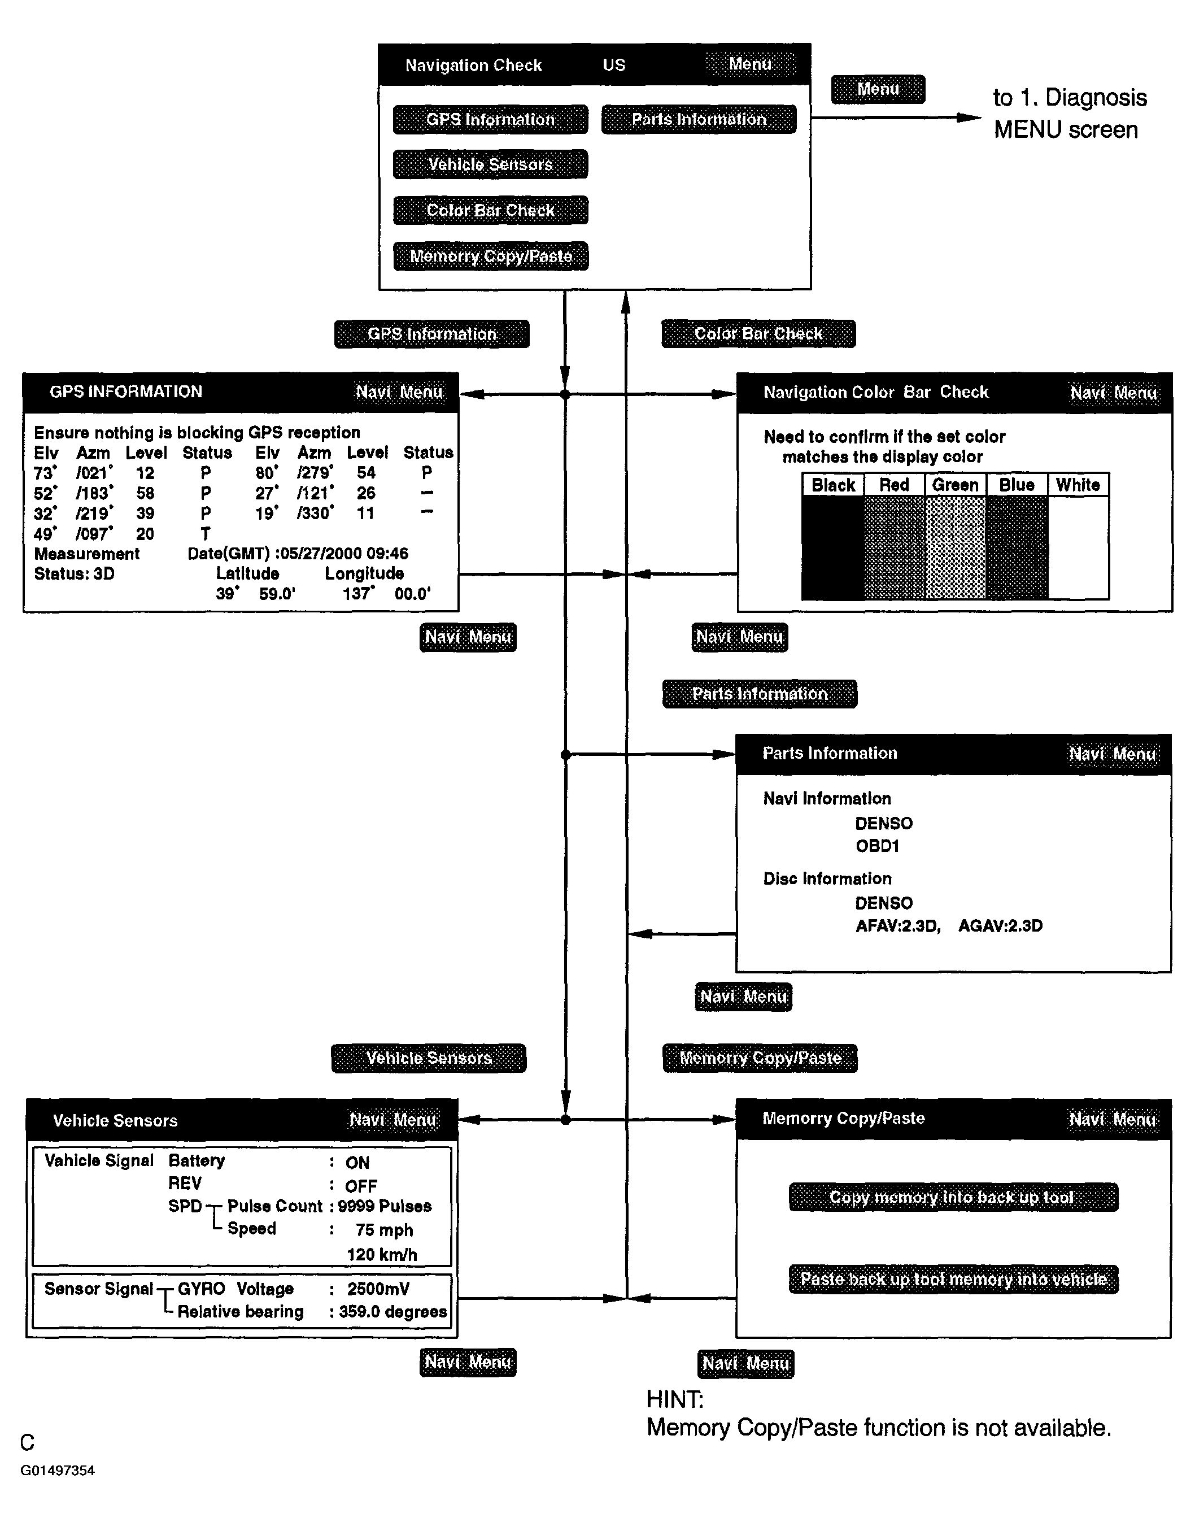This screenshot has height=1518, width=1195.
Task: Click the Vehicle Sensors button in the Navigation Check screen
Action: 490,164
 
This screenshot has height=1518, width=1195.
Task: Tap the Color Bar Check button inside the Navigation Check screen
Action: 490,210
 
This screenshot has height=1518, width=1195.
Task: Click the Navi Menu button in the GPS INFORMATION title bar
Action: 399,392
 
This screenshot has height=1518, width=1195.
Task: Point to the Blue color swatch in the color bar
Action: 1016,547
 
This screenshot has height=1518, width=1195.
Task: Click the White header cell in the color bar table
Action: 1078,485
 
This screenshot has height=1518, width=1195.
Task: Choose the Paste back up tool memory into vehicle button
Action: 953,1280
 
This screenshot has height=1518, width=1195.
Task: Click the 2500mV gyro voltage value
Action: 378,1289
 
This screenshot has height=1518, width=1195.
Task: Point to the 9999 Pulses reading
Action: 385,1206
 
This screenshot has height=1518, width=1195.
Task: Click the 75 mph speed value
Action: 383,1230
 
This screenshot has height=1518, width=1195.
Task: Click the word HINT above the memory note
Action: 674,1399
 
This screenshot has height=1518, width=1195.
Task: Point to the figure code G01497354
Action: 58,1471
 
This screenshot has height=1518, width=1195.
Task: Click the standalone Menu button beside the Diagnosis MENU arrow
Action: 878,90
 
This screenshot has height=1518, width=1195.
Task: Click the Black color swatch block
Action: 832,547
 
